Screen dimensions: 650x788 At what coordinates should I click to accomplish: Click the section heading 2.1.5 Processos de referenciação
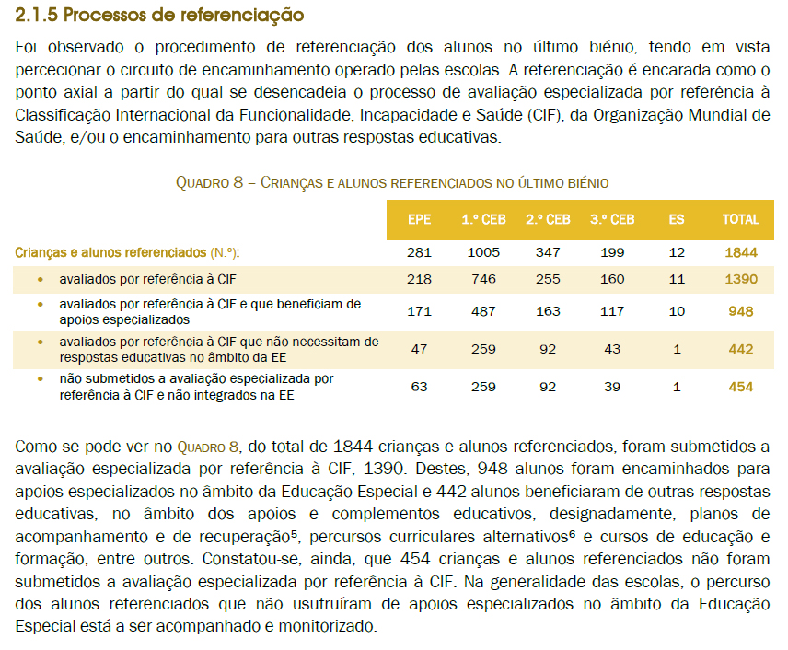tap(160, 16)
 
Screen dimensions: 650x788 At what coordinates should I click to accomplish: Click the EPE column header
tap(419, 219)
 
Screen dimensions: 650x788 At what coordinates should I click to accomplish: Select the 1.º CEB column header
tap(482, 219)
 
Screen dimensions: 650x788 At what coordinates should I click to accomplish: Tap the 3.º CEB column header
tap(612, 219)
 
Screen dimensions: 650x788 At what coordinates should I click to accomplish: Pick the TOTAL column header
tap(740, 219)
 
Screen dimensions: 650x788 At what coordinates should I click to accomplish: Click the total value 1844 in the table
tap(740, 252)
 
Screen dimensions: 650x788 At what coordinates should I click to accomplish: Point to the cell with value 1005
tap(482, 252)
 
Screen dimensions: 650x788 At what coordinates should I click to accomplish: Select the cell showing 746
tap(482, 278)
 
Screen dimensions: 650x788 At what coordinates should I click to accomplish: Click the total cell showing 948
tap(740, 311)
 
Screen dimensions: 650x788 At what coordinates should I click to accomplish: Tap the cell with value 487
tap(482, 311)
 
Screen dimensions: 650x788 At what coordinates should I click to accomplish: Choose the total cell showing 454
tap(740, 387)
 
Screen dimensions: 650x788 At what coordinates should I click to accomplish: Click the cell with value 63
tap(419, 387)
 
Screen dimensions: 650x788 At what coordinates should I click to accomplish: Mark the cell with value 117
tap(612, 311)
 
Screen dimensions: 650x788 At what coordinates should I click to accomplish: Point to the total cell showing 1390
tap(740, 278)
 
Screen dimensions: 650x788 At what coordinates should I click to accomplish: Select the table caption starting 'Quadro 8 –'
tap(391, 183)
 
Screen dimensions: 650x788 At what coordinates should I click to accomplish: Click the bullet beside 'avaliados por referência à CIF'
tap(40, 278)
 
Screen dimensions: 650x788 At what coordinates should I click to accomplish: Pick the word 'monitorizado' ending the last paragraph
tap(331, 627)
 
